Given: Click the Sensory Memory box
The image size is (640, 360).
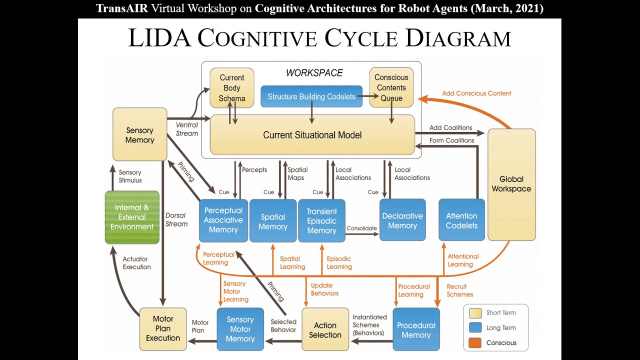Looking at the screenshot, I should pos(139,134).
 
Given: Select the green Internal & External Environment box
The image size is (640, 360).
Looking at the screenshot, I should pos(132,217).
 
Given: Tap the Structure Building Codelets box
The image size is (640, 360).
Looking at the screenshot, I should pos(311,96).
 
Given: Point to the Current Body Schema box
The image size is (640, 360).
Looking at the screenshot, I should pos(231,88).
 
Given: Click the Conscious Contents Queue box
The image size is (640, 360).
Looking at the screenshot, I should pos(391,88).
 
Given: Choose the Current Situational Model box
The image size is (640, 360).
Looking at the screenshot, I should pos(312,135).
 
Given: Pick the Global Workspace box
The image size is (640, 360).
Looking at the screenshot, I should pos(511,184).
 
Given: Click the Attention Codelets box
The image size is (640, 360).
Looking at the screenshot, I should pos(461,220).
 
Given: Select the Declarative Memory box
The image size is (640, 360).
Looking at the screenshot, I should pos(402,220).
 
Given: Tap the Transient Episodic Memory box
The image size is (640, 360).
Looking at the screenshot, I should pos(321,220).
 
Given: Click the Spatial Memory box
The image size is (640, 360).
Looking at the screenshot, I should pos(272,221).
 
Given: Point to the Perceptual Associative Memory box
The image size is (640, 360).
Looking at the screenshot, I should pos(223,220).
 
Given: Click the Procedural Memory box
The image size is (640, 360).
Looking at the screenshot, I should pos(416,329).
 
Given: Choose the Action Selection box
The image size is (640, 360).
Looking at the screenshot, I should pos(325,329).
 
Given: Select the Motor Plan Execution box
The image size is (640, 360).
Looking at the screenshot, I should pos(163,328).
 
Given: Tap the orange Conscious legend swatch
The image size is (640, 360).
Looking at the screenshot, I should pos(475,342).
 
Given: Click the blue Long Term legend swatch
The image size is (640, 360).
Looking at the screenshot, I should pos(475,327).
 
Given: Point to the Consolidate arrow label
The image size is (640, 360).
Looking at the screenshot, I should pos(361,228).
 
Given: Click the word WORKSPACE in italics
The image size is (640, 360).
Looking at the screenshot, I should pos(314,73).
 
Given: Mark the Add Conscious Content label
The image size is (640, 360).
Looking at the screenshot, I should pos(476,93).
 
